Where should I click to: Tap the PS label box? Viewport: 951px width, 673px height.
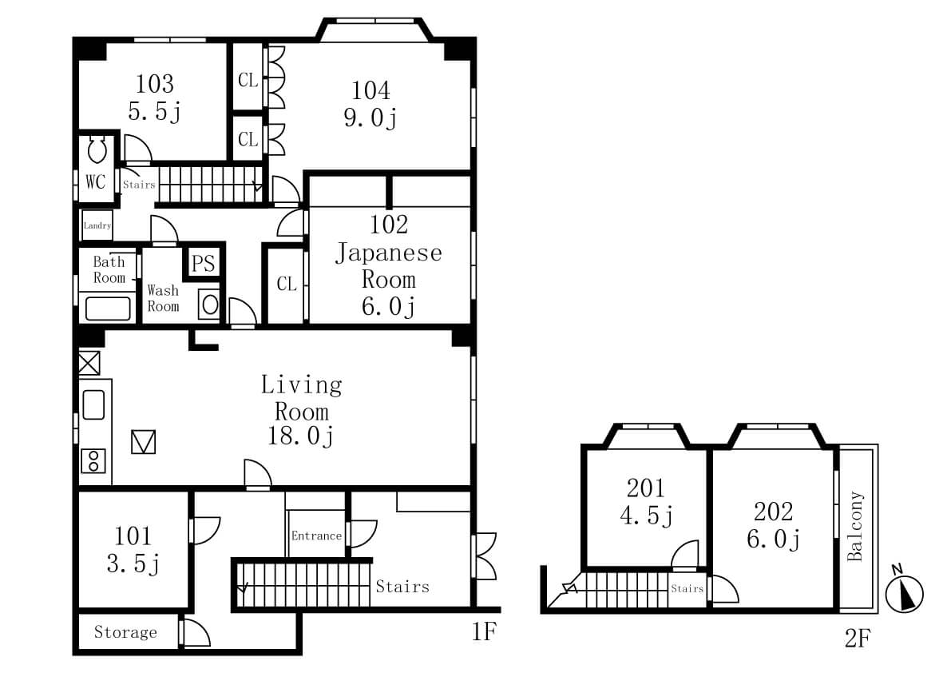[203, 263]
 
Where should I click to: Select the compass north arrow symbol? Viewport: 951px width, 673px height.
[905, 593]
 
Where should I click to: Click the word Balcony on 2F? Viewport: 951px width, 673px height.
[855, 526]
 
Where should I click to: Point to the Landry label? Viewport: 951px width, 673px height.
[97, 225]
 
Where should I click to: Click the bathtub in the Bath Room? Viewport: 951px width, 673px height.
[108, 309]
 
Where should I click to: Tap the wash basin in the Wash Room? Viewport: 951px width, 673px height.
[209, 304]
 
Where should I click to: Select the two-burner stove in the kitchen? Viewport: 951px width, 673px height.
[93, 460]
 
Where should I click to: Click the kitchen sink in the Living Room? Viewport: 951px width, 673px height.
[93, 404]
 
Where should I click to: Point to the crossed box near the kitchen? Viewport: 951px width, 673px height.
[89, 363]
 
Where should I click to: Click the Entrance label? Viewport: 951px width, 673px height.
[316, 536]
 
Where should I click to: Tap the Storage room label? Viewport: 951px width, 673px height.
[125, 632]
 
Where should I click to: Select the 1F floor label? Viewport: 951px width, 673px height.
[484, 632]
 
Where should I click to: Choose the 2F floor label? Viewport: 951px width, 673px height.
[858, 638]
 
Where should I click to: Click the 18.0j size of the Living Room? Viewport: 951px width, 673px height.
[301, 436]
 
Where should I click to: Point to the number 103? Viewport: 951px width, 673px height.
[155, 84]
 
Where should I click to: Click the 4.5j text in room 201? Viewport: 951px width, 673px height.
[646, 516]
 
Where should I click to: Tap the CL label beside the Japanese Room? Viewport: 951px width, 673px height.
[287, 284]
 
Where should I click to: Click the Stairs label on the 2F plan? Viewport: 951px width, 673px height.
[687, 588]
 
